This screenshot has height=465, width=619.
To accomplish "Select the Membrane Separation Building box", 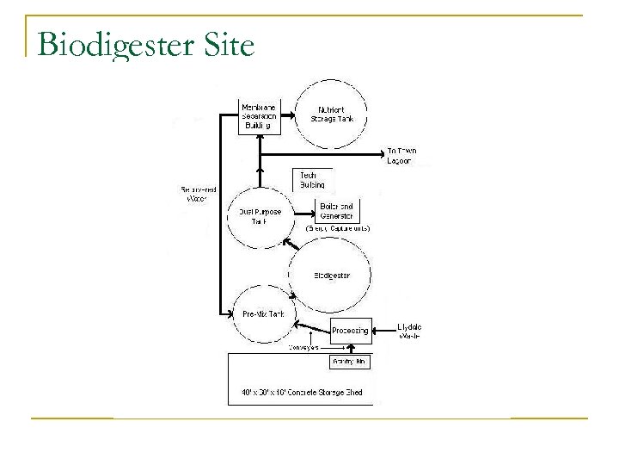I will click(x=260, y=115).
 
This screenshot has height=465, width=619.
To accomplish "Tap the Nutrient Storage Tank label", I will click(x=332, y=115).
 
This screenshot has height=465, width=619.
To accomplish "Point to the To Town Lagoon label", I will click(x=401, y=156).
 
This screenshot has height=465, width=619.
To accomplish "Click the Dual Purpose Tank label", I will click(x=253, y=215).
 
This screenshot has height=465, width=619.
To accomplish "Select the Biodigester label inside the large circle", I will click(x=331, y=276).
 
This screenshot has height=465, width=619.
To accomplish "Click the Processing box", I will click(x=350, y=330).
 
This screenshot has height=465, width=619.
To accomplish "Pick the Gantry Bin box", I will click(x=350, y=363).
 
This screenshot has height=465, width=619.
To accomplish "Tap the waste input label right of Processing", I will click(x=409, y=331).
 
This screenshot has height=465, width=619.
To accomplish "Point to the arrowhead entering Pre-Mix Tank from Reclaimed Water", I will click(x=231, y=312).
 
